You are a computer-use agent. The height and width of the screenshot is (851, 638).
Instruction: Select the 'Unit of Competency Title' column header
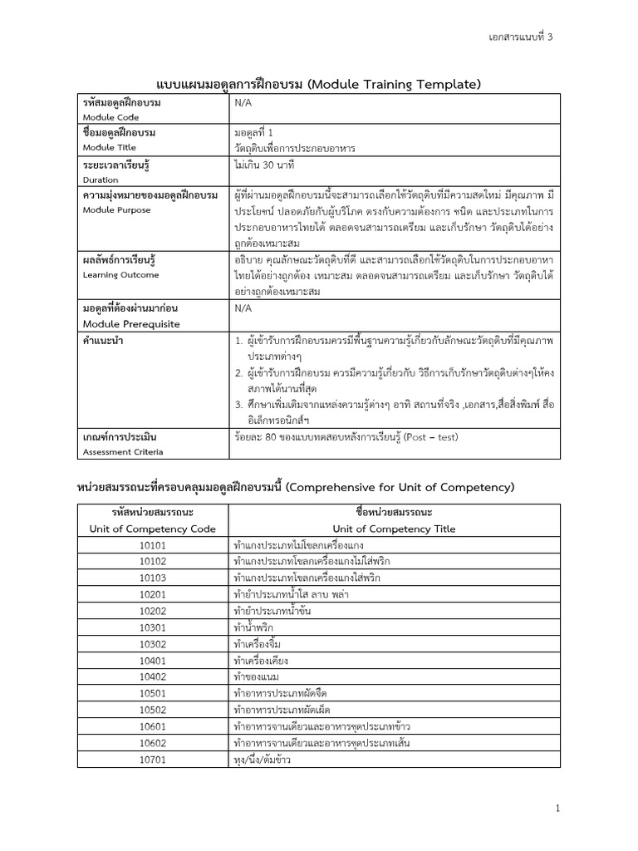tap(386, 528)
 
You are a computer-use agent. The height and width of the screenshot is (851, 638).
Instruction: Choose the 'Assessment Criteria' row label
tap(123, 451)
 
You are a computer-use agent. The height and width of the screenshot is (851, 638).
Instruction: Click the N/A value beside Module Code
tap(243, 102)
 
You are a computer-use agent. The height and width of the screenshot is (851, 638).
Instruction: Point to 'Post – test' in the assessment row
tap(429, 436)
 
